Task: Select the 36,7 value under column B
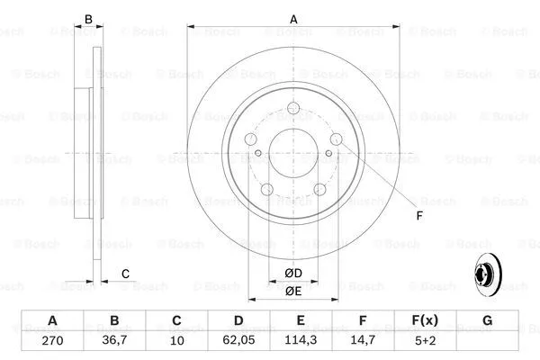(x=114, y=341)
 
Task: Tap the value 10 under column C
(x=176, y=341)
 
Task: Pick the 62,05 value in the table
(x=238, y=341)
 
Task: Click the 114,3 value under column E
(x=301, y=341)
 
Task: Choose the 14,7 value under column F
(x=363, y=341)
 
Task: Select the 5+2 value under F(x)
(x=425, y=341)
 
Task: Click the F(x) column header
(x=425, y=321)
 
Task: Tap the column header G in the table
(x=487, y=321)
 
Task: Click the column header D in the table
(x=238, y=321)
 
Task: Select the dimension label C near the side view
(x=126, y=274)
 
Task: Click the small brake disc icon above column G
(x=486, y=275)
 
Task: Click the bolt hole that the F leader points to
(x=335, y=139)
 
